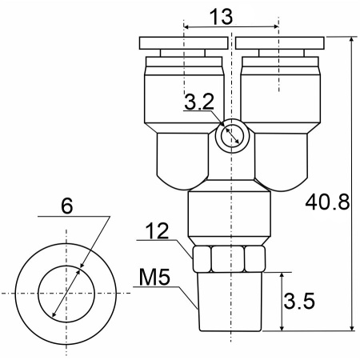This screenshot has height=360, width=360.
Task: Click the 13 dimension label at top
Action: [221, 17]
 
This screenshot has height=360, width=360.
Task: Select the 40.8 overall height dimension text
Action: [327, 202]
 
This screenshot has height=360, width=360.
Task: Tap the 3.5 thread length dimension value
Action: [299, 301]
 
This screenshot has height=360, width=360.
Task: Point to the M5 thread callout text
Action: [154, 277]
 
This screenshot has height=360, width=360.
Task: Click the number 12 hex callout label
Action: [158, 231]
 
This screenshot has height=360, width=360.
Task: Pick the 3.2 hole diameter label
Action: [199, 102]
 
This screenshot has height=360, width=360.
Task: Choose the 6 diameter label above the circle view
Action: [67, 206]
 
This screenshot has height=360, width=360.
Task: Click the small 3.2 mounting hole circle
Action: [232, 136]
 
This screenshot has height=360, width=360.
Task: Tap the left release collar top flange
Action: [184, 43]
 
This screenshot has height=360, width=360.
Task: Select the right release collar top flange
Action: [280, 43]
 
